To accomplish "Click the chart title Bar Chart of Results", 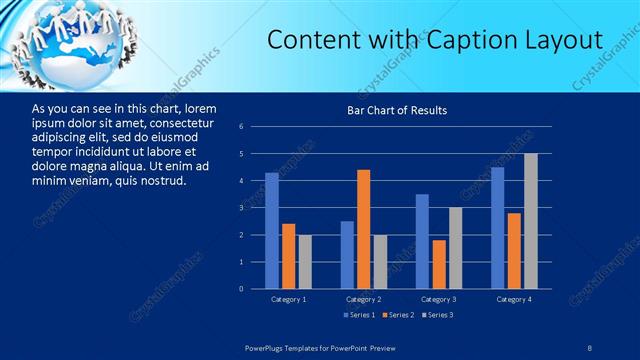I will coord(397,110).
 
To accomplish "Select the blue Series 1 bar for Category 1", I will coord(272,231).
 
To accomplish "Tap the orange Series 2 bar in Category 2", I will coord(363,229).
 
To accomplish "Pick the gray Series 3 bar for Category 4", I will coord(531,221).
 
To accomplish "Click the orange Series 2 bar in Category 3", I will coord(439,264).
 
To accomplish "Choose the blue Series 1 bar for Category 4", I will coord(497,228).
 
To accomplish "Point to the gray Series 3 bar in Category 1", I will coord(305,262).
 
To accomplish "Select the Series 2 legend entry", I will coord(398,316).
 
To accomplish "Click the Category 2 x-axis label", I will coord(364,299).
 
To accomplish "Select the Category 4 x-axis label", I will coord(514,299).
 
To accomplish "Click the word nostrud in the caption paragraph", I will coord(160,180).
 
